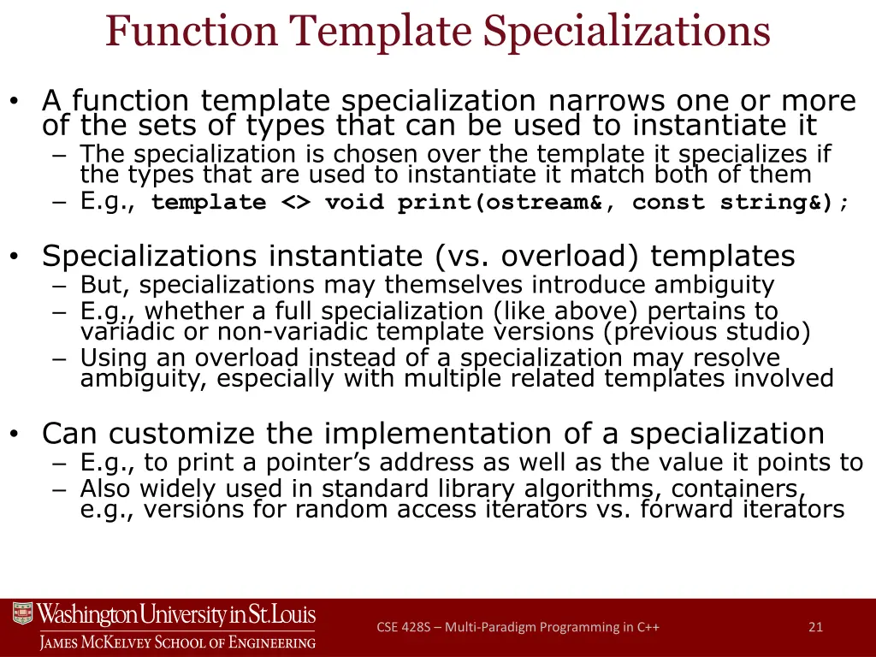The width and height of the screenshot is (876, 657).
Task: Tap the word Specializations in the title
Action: coord(627,31)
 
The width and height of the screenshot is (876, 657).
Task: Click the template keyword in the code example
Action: coord(208,203)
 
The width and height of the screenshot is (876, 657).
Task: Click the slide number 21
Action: coord(815,627)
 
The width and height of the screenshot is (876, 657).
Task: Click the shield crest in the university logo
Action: coord(22,614)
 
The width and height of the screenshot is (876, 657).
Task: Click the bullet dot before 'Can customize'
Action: coord(14,435)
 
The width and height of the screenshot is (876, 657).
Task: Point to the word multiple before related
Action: coord(467,378)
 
